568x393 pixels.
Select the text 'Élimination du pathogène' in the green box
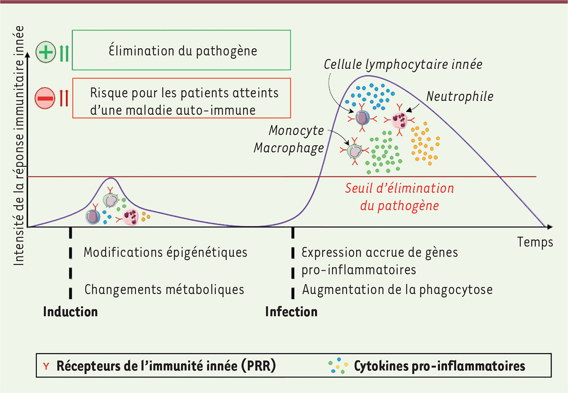point(182,51)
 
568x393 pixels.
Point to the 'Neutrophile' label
point(460,96)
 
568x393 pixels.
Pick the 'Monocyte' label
point(296,130)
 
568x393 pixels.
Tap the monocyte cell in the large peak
point(354,151)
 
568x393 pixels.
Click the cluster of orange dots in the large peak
point(425,143)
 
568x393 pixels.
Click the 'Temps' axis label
point(535,242)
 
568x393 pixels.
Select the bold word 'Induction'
point(71,312)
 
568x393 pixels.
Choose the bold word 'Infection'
point(291,312)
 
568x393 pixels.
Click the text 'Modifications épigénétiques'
point(165,252)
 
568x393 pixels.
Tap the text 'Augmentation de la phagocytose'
point(398,289)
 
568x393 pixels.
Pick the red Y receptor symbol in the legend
point(46,366)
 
